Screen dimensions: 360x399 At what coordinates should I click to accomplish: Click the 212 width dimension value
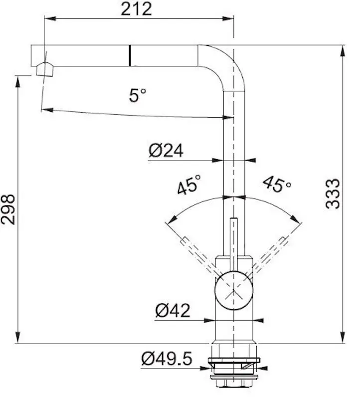pyautogui.click(x=136, y=9)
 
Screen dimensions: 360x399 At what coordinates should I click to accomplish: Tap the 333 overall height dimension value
pyautogui.click(x=333, y=194)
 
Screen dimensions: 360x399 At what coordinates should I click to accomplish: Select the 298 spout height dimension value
pyautogui.click(x=8, y=209)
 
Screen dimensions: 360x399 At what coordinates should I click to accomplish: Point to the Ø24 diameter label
pyautogui.click(x=166, y=151)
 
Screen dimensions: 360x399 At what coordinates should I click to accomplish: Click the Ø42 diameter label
pyautogui.click(x=173, y=310)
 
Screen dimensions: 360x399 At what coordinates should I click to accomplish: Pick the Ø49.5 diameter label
pyautogui.click(x=167, y=359)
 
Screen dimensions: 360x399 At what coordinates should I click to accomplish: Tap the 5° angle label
pyautogui.click(x=138, y=95)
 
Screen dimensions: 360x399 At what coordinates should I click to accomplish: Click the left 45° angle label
pyautogui.click(x=189, y=185)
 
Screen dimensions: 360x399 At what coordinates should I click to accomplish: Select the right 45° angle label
pyautogui.click(x=277, y=184)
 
